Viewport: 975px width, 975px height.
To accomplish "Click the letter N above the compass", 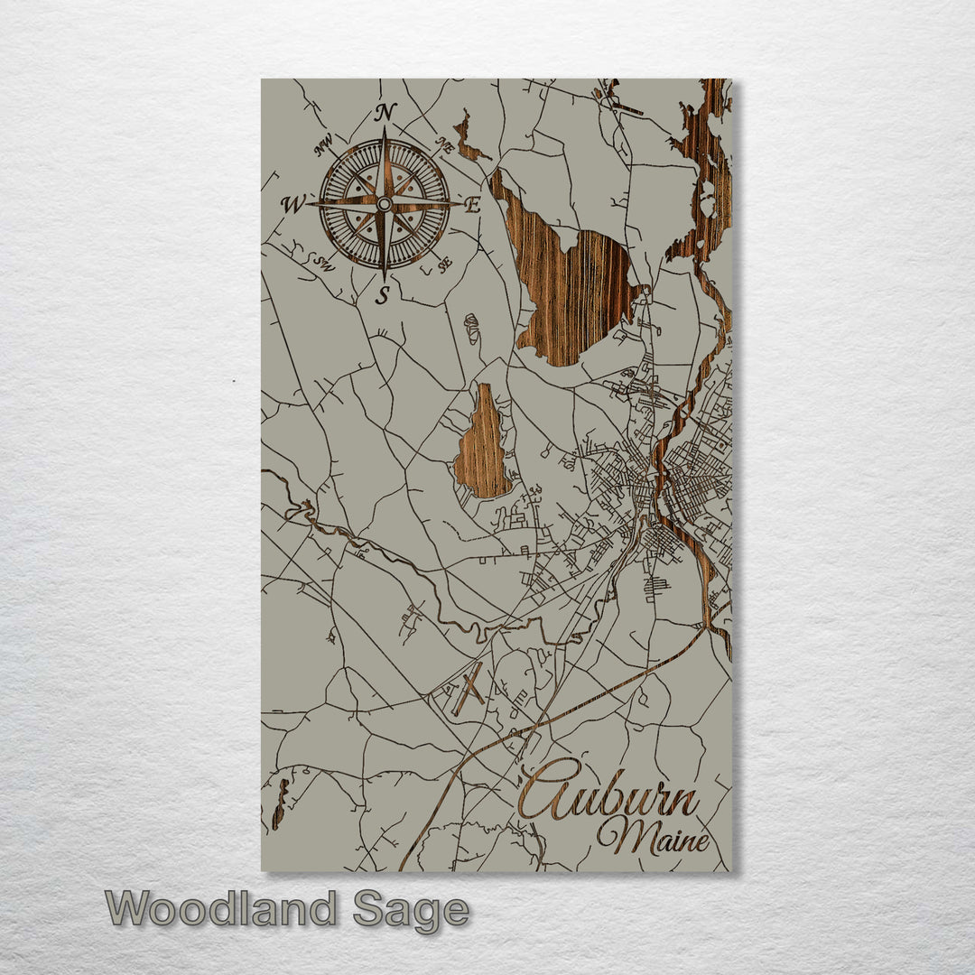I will point(385,113).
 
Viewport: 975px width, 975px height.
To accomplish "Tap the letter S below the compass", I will point(384,294).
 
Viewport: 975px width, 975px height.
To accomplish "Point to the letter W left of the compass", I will point(292,205).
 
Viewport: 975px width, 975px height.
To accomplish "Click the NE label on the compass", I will point(443,144).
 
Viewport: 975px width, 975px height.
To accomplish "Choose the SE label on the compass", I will point(444,265).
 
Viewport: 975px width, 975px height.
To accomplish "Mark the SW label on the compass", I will point(324,264).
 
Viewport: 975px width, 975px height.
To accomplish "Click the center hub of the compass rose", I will point(385,204).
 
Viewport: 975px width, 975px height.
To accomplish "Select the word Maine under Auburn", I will point(652,839).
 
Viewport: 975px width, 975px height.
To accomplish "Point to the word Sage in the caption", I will point(411,910).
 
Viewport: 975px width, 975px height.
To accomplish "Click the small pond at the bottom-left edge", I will point(280,803).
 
